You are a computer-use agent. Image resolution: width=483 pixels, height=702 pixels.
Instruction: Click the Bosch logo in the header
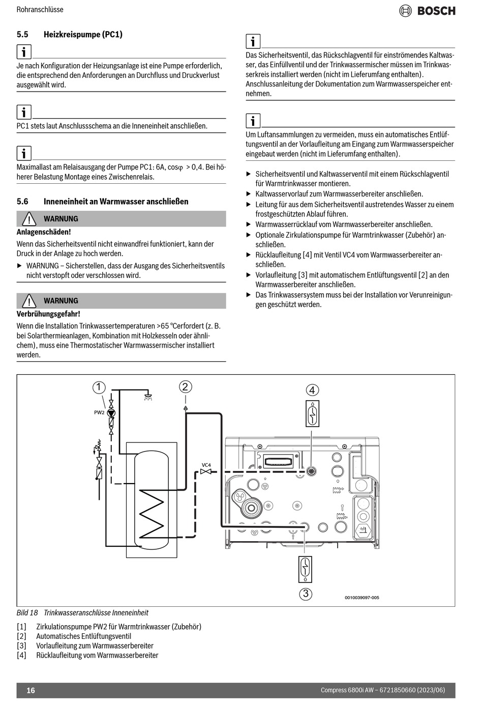(x=427, y=11)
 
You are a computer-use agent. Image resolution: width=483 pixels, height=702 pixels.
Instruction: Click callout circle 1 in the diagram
(x=99, y=387)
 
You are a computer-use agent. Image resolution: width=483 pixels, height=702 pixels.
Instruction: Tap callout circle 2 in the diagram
(x=185, y=387)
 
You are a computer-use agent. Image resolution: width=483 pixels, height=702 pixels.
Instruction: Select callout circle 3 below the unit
(x=305, y=594)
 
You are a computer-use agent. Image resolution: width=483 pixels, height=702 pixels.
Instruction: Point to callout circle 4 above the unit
(x=312, y=390)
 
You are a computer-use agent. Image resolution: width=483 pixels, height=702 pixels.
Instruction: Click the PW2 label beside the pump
(x=99, y=412)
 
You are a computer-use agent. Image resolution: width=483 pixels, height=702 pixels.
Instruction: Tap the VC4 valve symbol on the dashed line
(x=206, y=471)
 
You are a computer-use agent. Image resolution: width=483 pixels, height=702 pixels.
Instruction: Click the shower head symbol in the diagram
(x=148, y=396)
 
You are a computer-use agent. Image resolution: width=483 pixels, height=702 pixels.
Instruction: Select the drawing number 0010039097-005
(x=361, y=598)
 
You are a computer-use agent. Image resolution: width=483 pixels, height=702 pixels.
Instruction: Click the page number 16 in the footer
(x=31, y=690)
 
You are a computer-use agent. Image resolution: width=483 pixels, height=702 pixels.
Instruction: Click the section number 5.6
(x=22, y=202)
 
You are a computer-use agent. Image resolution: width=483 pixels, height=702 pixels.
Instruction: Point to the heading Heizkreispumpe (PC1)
(x=83, y=35)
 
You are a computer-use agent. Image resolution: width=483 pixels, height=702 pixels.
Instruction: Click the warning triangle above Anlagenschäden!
(x=29, y=219)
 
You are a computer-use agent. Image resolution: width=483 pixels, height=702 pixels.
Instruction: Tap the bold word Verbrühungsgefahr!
(x=48, y=314)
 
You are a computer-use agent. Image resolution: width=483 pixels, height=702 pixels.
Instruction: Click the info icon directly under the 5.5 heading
(x=24, y=51)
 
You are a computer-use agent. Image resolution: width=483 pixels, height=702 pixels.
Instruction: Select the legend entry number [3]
(x=21, y=645)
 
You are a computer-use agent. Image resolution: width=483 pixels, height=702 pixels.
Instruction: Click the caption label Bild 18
(x=27, y=613)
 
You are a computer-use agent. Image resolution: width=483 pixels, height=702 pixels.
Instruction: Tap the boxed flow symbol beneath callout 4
(x=312, y=413)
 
